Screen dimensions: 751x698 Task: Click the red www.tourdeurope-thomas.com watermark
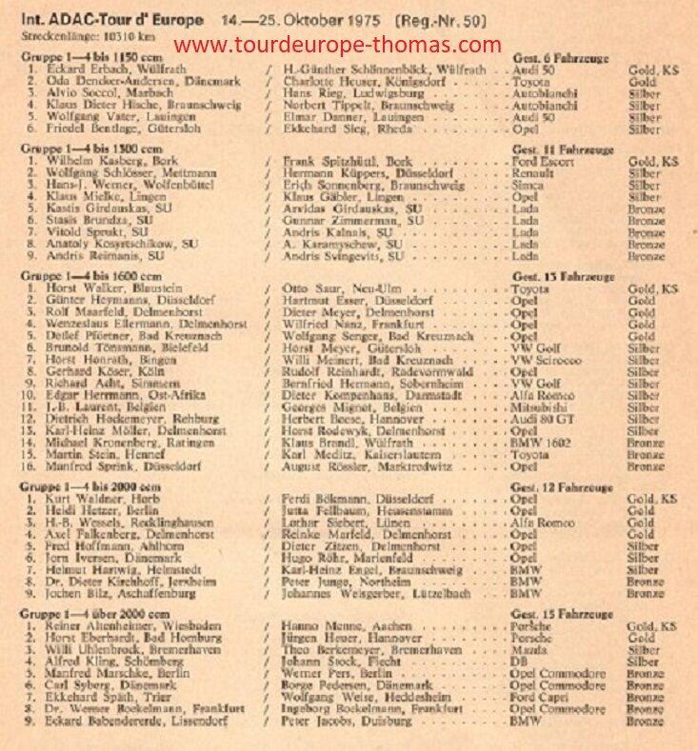point(338,44)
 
